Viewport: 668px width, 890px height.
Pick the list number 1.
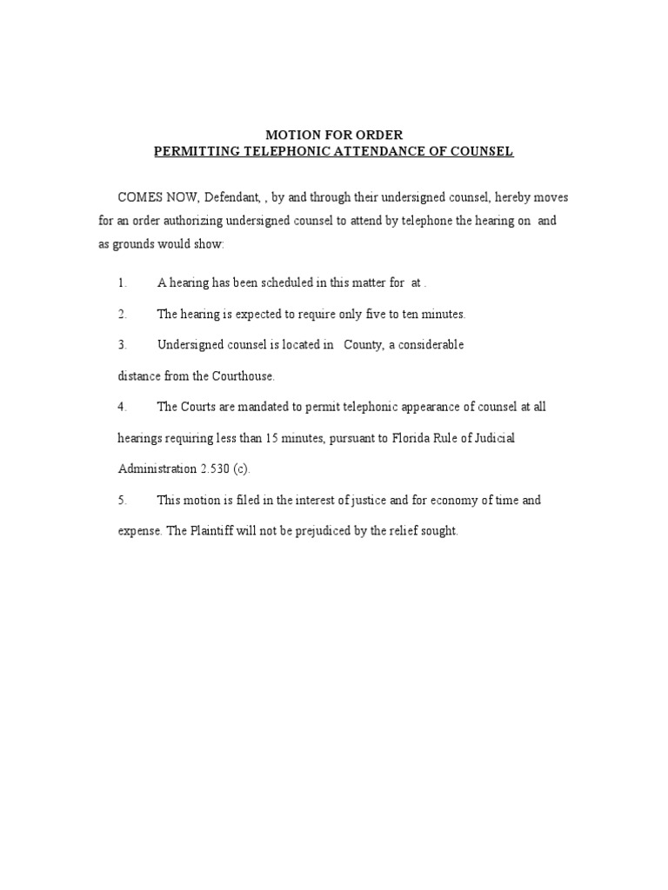tap(122, 283)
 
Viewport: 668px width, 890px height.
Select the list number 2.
tap(122, 314)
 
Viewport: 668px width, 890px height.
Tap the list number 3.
tap(122, 345)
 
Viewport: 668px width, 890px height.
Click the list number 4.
tap(122, 407)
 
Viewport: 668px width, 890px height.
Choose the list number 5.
tap(122, 501)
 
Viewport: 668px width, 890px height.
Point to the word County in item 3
tap(364, 345)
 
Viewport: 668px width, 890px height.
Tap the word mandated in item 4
tap(264, 407)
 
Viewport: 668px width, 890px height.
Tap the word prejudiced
tap(317, 531)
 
